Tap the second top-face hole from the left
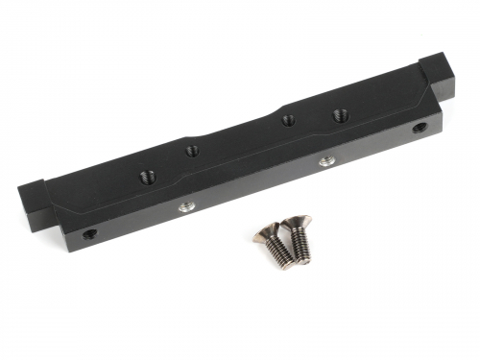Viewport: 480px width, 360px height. pyautogui.click(x=192, y=149)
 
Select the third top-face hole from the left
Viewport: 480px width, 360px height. pyautogui.click(x=287, y=121)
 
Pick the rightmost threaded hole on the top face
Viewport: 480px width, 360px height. pyautogui.click(x=339, y=115)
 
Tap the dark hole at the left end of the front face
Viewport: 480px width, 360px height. pyautogui.click(x=88, y=232)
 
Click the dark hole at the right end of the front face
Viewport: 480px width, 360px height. pyautogui.click(x=419, y=128)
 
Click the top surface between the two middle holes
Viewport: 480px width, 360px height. pyautogui.click(x=240, y=136)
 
